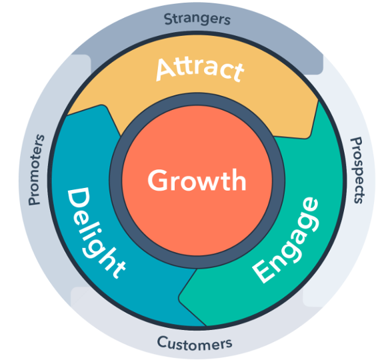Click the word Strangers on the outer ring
pos(197,18)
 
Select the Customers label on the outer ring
pos(195,343)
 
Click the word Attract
pos(199,69)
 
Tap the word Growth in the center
pos(197,181)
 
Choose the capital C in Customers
pos(162,343)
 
